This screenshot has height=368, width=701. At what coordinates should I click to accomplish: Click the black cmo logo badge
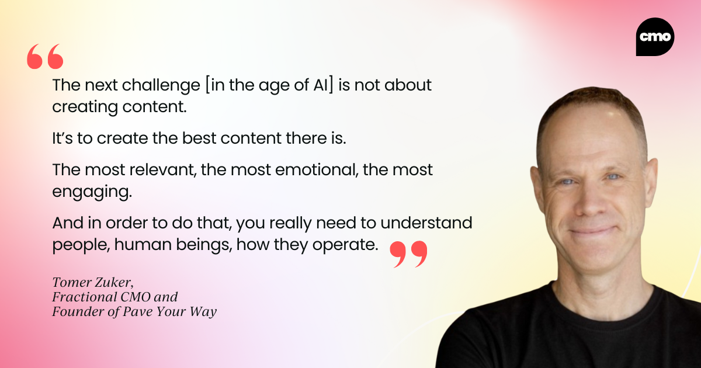(655, 37)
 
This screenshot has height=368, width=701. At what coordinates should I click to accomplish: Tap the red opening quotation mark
(45, 56)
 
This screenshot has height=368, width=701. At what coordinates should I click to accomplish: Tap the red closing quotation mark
(408, 254)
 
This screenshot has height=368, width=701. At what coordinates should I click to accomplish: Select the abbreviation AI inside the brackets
(321, 85)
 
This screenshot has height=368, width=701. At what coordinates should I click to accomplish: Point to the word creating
(85, 107)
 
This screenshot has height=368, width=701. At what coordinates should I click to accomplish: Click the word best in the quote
(199, 138)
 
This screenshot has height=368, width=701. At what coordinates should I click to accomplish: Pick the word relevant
(163, 170)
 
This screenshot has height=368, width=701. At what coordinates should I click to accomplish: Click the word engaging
(92, 192)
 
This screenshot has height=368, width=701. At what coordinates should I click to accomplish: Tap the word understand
(426, 223)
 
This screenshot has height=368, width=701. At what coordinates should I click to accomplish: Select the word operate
(345, 245)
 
